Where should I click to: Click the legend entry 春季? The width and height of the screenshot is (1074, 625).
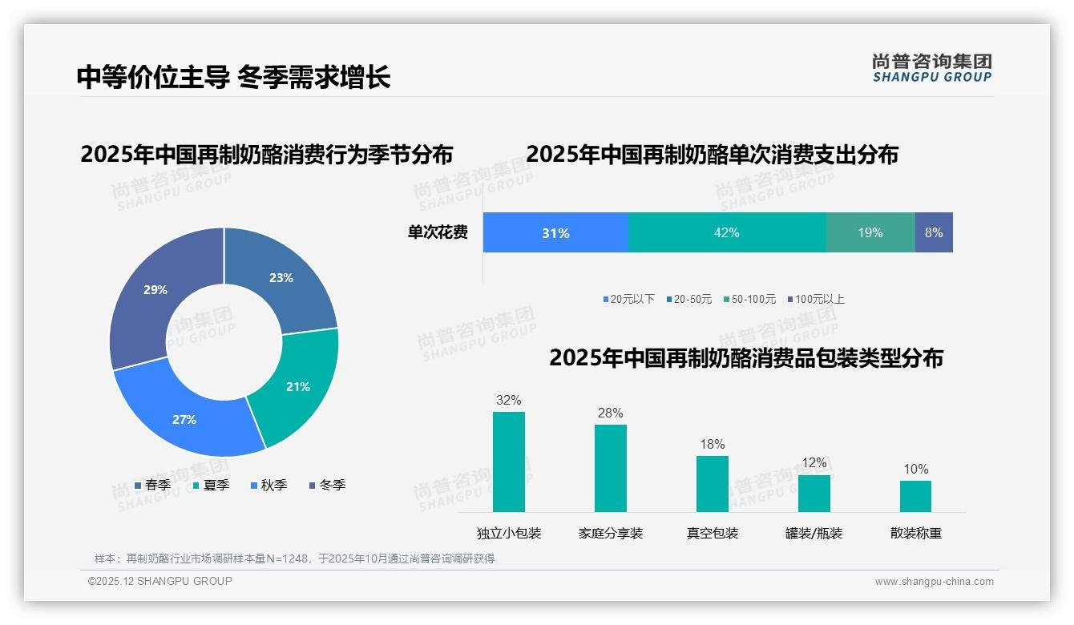(x=152, y=485)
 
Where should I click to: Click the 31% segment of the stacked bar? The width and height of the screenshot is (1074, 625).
(x=555, y=232)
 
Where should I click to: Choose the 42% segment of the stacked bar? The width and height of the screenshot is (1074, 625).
(x=726, y=232)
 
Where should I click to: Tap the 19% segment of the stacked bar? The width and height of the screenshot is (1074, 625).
(x=870, y=232)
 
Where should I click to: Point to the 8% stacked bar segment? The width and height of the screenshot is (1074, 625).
(x=934, y=232)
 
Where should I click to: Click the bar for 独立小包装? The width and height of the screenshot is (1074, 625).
(x=508, y=462)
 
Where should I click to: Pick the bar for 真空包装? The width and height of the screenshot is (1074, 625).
(x=712, y=483)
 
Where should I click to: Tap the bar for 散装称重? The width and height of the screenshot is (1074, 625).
(x=915, y=496)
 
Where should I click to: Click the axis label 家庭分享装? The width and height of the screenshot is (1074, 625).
(x=610, y=533)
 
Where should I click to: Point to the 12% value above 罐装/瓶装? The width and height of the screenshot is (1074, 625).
(x=814, y=462)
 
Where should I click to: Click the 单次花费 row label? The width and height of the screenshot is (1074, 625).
(x=438, y=232)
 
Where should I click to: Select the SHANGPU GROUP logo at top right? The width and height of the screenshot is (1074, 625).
(x=931, y=68)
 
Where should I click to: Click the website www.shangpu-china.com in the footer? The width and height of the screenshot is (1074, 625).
(x=934, y=581)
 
